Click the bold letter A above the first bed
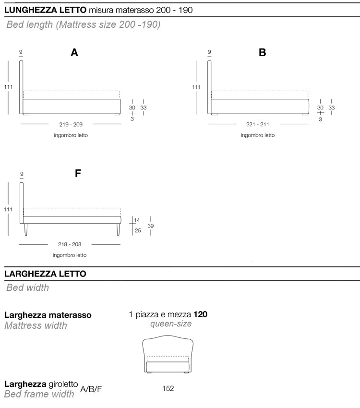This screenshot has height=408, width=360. pos(74,53)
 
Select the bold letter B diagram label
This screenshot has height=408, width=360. pos(262,53)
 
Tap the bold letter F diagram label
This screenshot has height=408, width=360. pos(78,174)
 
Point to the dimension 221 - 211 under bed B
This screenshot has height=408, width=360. pos(258,124)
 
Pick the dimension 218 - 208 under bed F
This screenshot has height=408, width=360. pos(70,244)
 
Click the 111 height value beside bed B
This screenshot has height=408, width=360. pos(196,87)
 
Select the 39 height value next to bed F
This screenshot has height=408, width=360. pos(150,226)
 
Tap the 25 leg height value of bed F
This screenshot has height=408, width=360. pos(137,231)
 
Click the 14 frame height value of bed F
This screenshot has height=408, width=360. pos(137,220)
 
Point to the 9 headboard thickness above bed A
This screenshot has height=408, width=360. pos(22,52)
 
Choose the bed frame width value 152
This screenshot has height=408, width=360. pos(168,388)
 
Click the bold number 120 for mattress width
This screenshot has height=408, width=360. pos(201,315)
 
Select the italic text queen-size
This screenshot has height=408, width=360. pos(171,324)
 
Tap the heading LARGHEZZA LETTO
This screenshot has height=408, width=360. pos(45,274)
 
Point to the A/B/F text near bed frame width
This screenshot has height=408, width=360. pos(91,389)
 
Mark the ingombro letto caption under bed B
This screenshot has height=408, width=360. pos(258,135)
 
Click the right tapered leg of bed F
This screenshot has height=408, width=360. pos(117,230)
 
